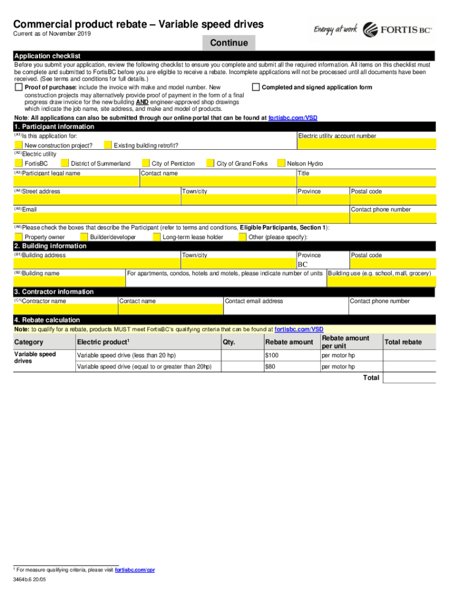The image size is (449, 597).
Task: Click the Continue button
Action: tap(229, 43)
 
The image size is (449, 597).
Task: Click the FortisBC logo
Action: tap(398, 30)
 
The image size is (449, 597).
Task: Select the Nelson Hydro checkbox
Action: tap(282, 163)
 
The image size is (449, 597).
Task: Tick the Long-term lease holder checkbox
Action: tap(156, 237)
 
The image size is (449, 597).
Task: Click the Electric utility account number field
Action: tap(366, 145)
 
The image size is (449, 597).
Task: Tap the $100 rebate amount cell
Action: tap(290, 356)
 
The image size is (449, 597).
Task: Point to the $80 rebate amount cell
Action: tap(290, 367)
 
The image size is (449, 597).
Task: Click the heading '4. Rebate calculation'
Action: tap(47, 320)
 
